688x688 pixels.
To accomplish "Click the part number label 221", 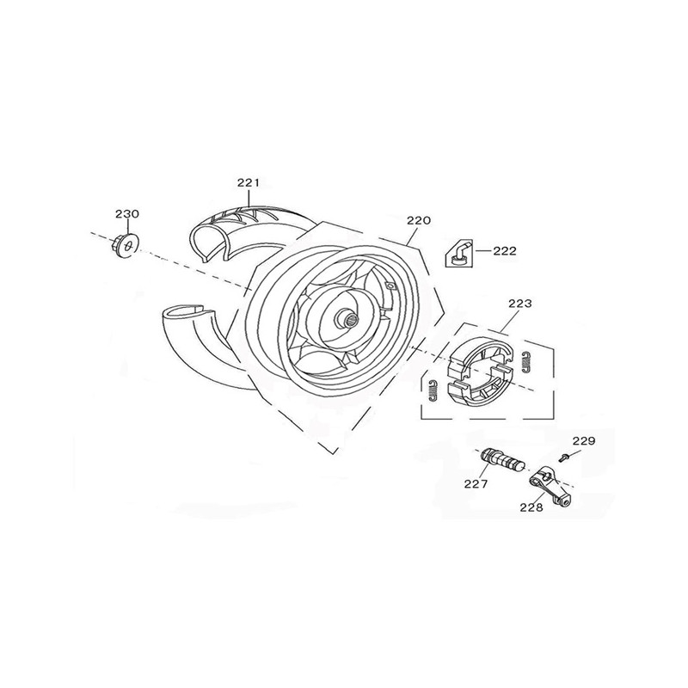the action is (249, 183).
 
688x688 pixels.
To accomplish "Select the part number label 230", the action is (127, 214).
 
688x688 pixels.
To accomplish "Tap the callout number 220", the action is (419, 220).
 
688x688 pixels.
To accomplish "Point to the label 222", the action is (505, 251).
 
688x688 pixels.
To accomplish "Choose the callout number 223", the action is (520, 304).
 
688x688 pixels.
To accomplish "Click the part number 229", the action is (584, 440).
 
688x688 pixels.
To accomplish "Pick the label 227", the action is (476, 483).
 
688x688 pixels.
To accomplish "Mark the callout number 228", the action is (531, 507).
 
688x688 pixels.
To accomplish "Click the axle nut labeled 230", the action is (125, 246).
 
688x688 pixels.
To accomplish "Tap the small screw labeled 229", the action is (564, 458).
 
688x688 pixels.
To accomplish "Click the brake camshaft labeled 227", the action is (503, 462).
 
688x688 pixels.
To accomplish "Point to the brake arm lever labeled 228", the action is (551, 485).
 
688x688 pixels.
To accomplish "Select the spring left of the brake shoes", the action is (432, 390).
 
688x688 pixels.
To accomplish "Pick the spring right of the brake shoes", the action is (527, 363).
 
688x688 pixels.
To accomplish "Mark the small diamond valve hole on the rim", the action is (389, 286).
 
